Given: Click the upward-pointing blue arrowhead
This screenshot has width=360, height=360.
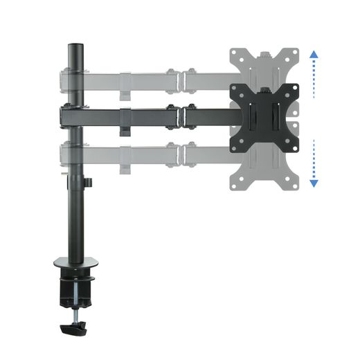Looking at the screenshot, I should [314, 54].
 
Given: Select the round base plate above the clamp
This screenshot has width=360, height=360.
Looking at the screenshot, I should [75, 264].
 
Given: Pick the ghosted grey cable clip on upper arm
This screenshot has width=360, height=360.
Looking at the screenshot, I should [125, 91].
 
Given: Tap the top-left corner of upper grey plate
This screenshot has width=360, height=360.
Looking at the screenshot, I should [235, 51].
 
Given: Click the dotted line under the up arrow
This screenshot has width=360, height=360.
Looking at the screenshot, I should [314, 80].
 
